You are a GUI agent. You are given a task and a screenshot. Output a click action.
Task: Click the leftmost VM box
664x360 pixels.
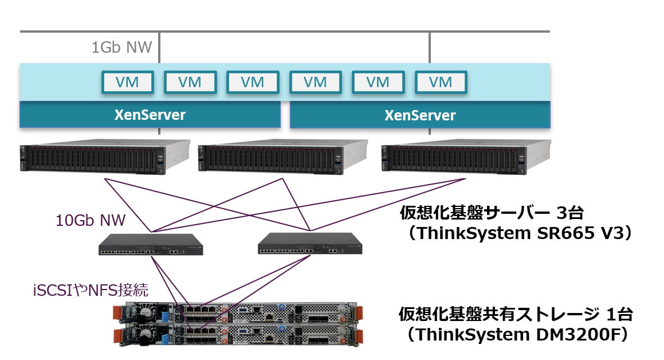127,82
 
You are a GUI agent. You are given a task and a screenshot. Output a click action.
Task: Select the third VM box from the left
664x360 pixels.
253,82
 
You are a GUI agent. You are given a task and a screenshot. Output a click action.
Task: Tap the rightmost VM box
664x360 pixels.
441,82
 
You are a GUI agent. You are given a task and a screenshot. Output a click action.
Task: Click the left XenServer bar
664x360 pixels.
150,115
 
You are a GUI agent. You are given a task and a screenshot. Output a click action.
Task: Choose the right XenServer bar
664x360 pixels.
420,115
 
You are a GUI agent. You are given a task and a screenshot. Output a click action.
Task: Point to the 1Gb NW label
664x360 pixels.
121,47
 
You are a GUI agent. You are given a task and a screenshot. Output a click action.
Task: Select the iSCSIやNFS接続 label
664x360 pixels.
91,289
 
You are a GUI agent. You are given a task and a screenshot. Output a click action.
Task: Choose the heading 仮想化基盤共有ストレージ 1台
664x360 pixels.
516,314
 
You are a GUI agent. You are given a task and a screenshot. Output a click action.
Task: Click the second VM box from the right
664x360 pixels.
378,82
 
